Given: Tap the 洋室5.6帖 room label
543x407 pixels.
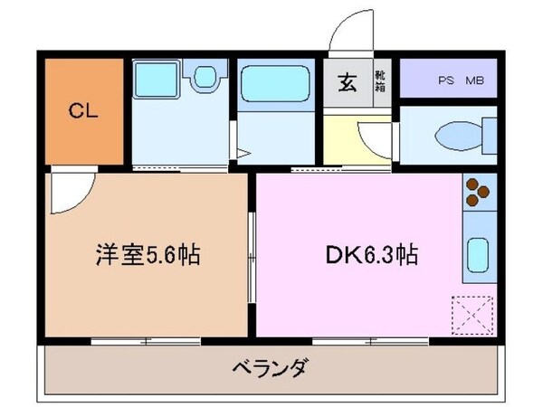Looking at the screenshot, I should pos(147,256).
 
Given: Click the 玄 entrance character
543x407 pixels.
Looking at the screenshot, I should pos(347,84).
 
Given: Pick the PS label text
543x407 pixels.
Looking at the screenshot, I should pos(446,81).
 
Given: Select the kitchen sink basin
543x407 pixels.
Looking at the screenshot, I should pos(478,255).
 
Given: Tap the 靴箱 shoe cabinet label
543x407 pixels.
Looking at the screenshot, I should pos(381,84).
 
